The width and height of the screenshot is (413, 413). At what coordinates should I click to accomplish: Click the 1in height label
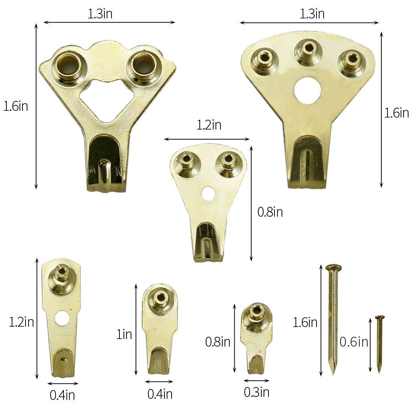pos(124,334)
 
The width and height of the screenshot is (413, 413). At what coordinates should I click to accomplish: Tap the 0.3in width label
pos(256,392)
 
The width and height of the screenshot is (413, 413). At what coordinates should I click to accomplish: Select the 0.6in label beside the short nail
pos(354,342)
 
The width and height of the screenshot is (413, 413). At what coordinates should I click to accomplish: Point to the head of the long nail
pos(333,268)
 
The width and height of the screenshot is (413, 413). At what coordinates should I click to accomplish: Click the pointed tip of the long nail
pos(333,374)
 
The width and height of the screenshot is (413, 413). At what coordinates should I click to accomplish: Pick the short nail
pos(380,344)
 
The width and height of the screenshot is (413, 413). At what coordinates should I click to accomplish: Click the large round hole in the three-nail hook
pos(307,90)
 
